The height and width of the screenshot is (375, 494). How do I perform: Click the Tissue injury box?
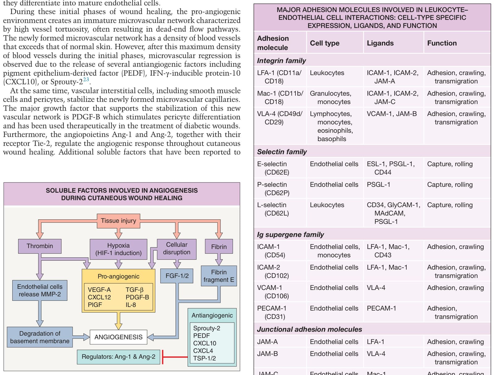click(118, 221)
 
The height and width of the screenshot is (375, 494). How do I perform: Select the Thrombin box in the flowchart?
click(40, 246)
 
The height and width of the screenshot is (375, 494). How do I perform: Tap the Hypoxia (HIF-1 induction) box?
click(118, 249)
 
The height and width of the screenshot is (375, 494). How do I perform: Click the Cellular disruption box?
click(177, 248)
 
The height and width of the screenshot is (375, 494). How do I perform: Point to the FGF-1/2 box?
click(177, 276)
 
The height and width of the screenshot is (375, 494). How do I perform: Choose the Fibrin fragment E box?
click(219, 276)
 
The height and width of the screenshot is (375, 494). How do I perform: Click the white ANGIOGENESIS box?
click(118, 337)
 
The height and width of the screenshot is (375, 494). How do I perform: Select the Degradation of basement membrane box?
click(40, 337)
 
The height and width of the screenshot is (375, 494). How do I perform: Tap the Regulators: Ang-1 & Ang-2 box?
click(118, 357)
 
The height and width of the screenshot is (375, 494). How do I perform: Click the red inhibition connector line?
click(175, 357)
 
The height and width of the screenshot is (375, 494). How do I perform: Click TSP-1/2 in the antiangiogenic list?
click(204, 358)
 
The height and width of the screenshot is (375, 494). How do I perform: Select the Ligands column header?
click(380, 43)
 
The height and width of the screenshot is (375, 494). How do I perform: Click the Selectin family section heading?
click(282, 152)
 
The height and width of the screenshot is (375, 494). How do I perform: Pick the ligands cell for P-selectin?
click(378, 185)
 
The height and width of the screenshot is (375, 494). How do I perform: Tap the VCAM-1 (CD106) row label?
click(273, 292)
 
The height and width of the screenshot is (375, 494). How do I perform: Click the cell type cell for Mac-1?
click(330, 97)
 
